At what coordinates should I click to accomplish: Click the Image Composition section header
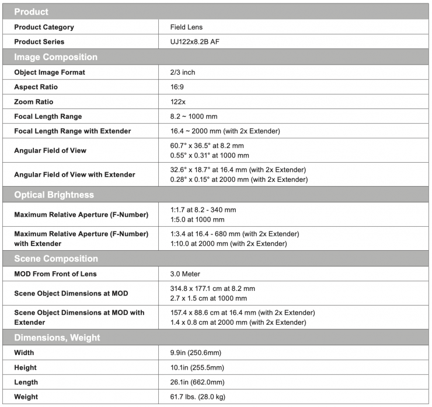pos(55,57)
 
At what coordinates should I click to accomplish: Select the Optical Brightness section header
pos(54,195)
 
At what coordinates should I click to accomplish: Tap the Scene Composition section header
pos(55,258)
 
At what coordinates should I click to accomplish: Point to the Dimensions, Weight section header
pos(57,338)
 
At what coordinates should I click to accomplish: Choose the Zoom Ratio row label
pos(37,101)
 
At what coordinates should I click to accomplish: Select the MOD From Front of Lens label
pos(55,273)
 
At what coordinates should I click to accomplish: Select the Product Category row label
pos(44,27)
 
